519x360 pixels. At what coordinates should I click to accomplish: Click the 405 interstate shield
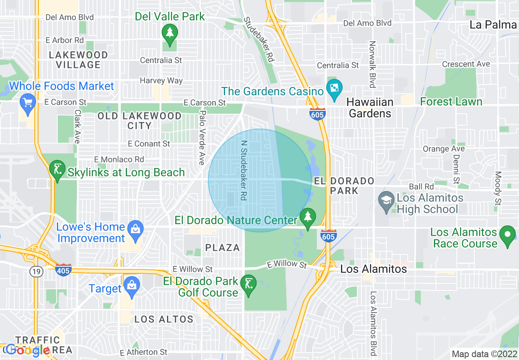tap(63, 270)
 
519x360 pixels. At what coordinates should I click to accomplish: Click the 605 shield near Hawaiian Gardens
tap(318, 113)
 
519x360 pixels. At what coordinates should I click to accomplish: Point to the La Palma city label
tap(493, 25)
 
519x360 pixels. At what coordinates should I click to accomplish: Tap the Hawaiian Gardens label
tap(370, 108)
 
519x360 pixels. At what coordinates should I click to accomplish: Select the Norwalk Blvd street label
tap(372, 64)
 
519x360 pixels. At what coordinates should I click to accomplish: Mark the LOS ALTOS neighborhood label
tap(164, 319)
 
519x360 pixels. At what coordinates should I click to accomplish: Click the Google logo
tap(28, 351)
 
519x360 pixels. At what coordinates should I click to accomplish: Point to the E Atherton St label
tap(144, 352)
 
